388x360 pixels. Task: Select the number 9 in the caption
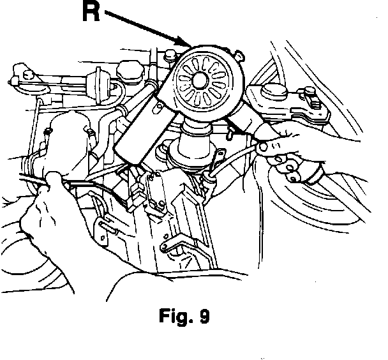point(204,317)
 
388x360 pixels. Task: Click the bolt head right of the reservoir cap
point(312,99)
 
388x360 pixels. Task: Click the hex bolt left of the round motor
point(169,58)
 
